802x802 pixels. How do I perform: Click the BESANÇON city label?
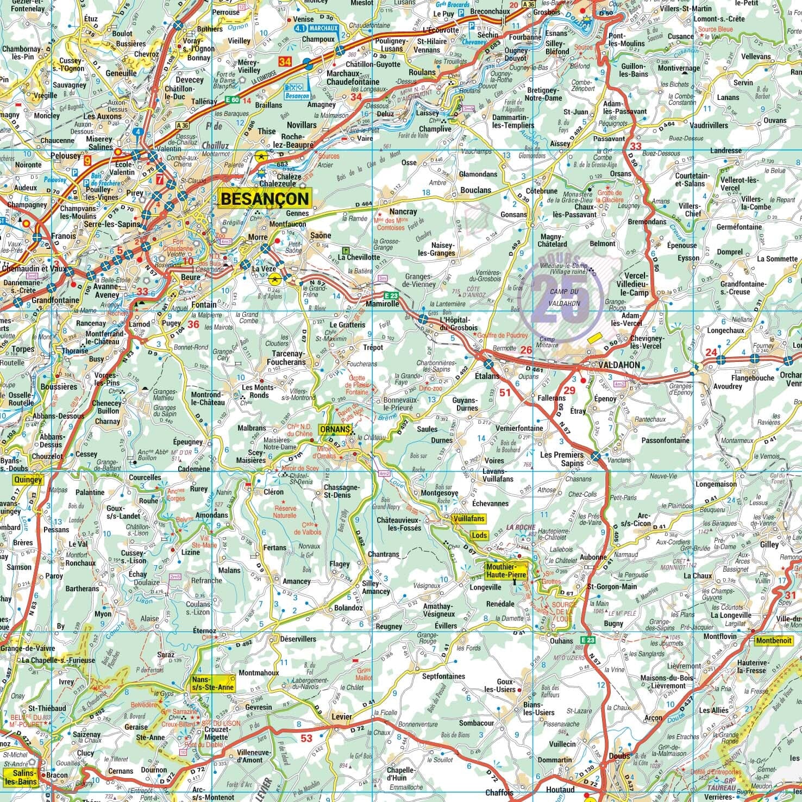coord(265,199)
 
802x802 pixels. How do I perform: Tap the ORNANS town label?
coord(334,429)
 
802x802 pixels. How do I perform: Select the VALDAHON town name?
coord(618,365)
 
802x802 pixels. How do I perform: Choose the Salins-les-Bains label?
coord(21,777)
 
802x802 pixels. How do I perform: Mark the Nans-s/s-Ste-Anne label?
coord(212,684)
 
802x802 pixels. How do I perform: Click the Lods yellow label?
coord(479,535)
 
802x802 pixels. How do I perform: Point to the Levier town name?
coord(342,717)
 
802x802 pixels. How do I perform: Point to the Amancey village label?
coord(297,581)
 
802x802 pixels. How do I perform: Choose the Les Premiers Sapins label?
coord(562,459)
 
